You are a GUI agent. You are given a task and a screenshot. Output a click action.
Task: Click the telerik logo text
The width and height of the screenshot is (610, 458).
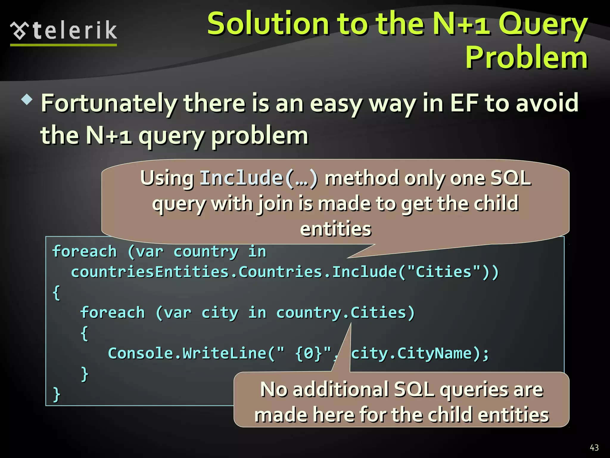pyautogui.click(x=74, y=30)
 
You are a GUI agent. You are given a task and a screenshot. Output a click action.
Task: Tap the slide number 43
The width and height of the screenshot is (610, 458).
pyautogui.click(x=594, y=448)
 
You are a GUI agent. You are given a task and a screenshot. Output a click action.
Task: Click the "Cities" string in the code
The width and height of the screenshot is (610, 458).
pyautogui.click(x=444, y=272)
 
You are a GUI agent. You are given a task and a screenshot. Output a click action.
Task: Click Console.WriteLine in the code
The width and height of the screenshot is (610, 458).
pyautogui.click(x=187, y=353)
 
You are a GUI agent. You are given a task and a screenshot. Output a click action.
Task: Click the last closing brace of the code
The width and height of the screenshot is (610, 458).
pyautogui.click(x=56, y=394)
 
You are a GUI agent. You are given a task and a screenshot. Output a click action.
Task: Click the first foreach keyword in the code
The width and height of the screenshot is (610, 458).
pyautogui.click(x=84, y=251)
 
